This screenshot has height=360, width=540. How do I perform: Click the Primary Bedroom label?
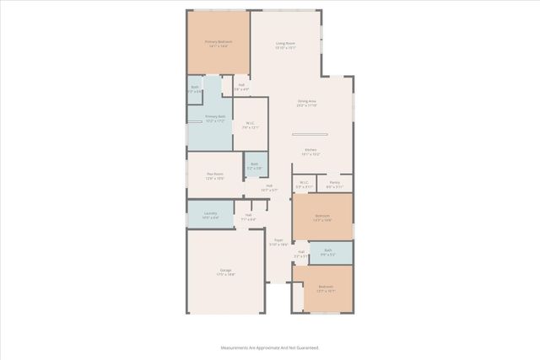pos(218,42)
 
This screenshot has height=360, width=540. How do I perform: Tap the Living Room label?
pos(285,45)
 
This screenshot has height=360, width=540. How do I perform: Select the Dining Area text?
pos(306,103)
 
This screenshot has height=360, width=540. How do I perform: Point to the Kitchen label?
pos(310,152)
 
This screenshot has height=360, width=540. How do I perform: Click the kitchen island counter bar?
pos(309,135)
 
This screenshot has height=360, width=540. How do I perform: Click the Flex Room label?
pos(214,175)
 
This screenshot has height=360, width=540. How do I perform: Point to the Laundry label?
pos(210,214)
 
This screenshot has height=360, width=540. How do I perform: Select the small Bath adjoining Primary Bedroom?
pos(195,89)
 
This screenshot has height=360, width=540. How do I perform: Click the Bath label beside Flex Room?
pos(255,165)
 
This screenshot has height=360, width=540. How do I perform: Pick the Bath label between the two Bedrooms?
pos(327,252)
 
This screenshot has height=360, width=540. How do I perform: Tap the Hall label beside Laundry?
pos(249,216)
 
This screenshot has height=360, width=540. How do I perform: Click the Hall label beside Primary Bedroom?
pos(241,86)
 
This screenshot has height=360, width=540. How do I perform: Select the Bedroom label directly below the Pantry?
pos(322,217)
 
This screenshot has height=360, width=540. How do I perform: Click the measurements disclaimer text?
pos(269,347)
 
